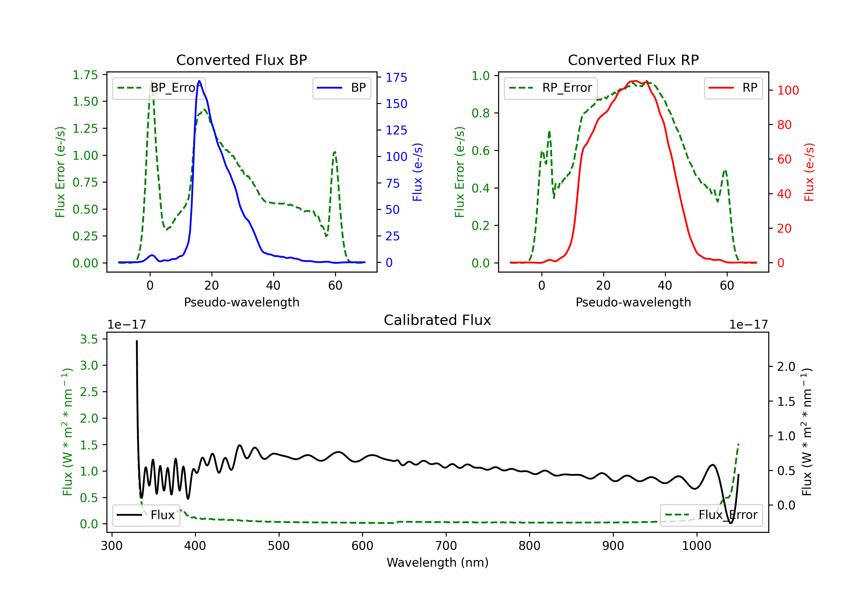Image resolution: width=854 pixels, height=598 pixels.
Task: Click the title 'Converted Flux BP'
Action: tap(241, 60)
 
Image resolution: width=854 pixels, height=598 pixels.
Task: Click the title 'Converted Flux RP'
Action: tap(633, 60)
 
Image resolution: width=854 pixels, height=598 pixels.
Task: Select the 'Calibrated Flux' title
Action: tap(438, 320)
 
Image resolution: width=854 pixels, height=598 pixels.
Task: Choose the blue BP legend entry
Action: tap(341, 88)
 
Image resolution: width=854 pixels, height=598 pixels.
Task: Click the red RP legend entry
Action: tap(733, 88)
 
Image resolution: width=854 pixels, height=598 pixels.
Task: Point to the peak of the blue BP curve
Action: tap(199, 81)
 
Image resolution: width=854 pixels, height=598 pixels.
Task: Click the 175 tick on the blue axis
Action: tap(396, 77)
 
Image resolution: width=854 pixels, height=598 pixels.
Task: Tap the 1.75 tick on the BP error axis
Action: tap(85, 75)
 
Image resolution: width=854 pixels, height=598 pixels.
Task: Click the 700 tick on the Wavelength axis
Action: tap(446, 546)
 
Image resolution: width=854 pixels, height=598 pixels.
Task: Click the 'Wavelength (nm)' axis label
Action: tap(438, 562)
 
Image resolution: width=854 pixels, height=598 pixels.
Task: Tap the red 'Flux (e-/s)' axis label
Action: tap(809, 172)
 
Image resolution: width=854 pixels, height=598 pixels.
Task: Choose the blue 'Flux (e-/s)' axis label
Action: tap(417, 172)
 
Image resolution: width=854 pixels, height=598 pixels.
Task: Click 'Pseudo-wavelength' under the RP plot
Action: tap(633, 302)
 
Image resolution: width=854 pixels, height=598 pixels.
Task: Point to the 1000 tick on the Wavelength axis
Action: tap(696, 546)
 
